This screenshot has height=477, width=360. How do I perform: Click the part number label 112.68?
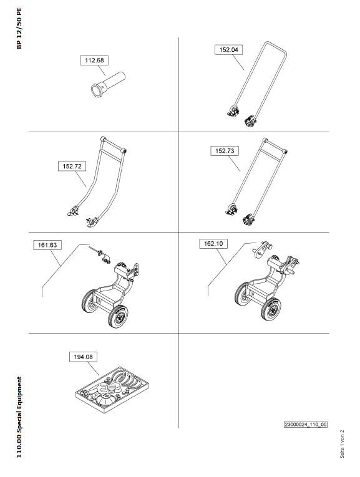tap(94, 60)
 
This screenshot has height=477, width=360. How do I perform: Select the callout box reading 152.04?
tap(228, 50)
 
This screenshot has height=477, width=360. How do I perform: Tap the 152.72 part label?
tap(72, 166)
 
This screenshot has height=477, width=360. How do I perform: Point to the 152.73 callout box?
tap(225, 151)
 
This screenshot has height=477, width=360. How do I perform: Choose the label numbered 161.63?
tap(47, 245)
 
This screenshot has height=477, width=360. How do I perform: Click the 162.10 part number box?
tap(213, 244)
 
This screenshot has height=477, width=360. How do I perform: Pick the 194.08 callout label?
tap(84, 357)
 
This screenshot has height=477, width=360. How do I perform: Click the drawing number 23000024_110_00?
tap(306, 425)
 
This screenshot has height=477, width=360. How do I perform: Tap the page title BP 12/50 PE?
tap(19, 28)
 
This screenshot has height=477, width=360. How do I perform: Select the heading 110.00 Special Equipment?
tap(19, 417)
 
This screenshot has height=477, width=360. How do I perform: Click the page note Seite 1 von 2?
tap(342, 444)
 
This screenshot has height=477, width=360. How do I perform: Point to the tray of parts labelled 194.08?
tap(112, 390)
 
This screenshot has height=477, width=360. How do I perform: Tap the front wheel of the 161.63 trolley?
tap(118, 316)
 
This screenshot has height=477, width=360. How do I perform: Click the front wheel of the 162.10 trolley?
tap(271, 309)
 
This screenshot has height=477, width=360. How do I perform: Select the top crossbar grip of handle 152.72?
tap(113, 144)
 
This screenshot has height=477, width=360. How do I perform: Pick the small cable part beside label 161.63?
tap(100, 254)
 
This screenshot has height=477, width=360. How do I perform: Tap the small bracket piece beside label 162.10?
tap(261, 248)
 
